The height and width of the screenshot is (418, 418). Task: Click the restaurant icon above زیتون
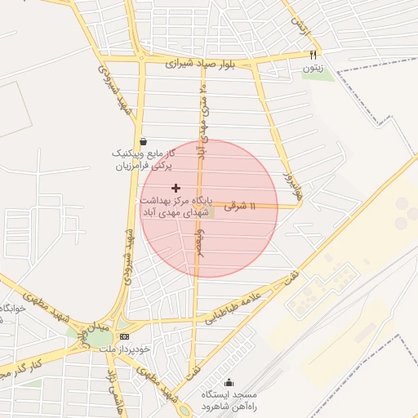tap(312, 55)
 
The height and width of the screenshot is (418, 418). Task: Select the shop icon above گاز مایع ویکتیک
tap(144, 140)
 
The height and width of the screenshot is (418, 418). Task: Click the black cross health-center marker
tap(176, 189)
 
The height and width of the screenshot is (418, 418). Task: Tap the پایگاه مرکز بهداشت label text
tap(176, 200)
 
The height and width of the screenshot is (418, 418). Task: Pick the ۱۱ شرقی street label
tap(241, 205)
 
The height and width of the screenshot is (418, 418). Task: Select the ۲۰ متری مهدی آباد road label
tap(202, 114)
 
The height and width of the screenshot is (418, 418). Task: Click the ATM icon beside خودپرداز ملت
tap(124, 336)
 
